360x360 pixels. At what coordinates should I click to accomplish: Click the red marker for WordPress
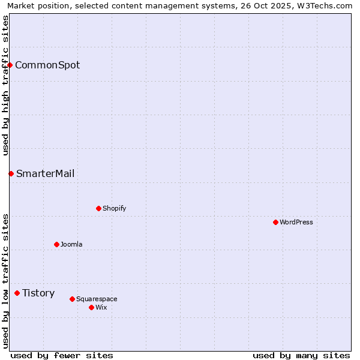pyautogui.click(x=275, y=222)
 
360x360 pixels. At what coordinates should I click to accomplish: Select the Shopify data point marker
pyautogui.click(x=98, y=208)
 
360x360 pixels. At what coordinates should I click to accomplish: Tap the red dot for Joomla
pyautogui.click(x=56, y=244)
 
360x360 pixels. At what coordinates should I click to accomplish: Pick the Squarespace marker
pyautogui.click(x=72, y=299)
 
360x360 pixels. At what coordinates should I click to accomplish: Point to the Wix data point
pyautogui.click(x=91, y=307)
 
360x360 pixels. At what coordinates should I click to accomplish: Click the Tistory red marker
pyautogui.click(x=17, y=293)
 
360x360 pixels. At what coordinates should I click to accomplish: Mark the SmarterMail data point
pyautogui.click(x=11, y=173)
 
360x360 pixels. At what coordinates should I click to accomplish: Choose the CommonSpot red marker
pyautogui.click(x=10, y=65)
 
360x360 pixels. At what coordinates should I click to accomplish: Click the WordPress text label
pyautogui.click(x=296, y=222)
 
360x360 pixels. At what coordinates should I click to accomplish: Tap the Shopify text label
pyautogui.click(x=114, y=208)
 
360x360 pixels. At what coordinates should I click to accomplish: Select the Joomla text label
pyautogui.click(x=71, y=244)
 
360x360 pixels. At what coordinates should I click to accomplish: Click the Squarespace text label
pyautogui.click(x=97, y=299)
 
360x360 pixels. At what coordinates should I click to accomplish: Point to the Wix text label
pyautogui.click(x=101, y=307)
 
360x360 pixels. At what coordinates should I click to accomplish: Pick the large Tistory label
pyautogui.click(x=38, y=293)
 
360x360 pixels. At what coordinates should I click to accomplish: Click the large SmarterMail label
pyautogui.click(x=46, y=173)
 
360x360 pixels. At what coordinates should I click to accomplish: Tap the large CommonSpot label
pyautogui.click(x=47, y=65)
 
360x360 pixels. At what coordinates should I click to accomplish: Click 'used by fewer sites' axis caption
pyautogui.click(x=62, y=355)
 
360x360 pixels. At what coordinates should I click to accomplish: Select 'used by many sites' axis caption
pyautogui.click(x=301, y=355)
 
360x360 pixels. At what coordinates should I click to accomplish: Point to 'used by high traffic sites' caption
pyautogui.click(x=6, y=85)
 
